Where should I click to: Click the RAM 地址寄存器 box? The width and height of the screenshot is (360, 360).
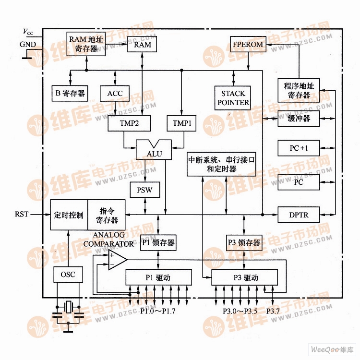86,44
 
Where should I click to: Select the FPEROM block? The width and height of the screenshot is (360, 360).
248,45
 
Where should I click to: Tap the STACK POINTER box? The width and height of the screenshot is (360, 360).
233,98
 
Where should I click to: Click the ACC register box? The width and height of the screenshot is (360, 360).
115,93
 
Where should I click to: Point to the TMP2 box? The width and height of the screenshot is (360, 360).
129,123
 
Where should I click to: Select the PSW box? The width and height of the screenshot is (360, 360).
144,190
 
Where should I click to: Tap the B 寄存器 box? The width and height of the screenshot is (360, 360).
70,93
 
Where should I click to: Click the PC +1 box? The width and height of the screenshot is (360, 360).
299,148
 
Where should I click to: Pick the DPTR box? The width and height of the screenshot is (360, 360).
299,214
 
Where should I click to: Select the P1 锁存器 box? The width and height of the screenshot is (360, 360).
158,243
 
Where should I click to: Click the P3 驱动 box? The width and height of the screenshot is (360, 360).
244,277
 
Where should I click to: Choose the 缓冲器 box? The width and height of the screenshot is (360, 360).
299,118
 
